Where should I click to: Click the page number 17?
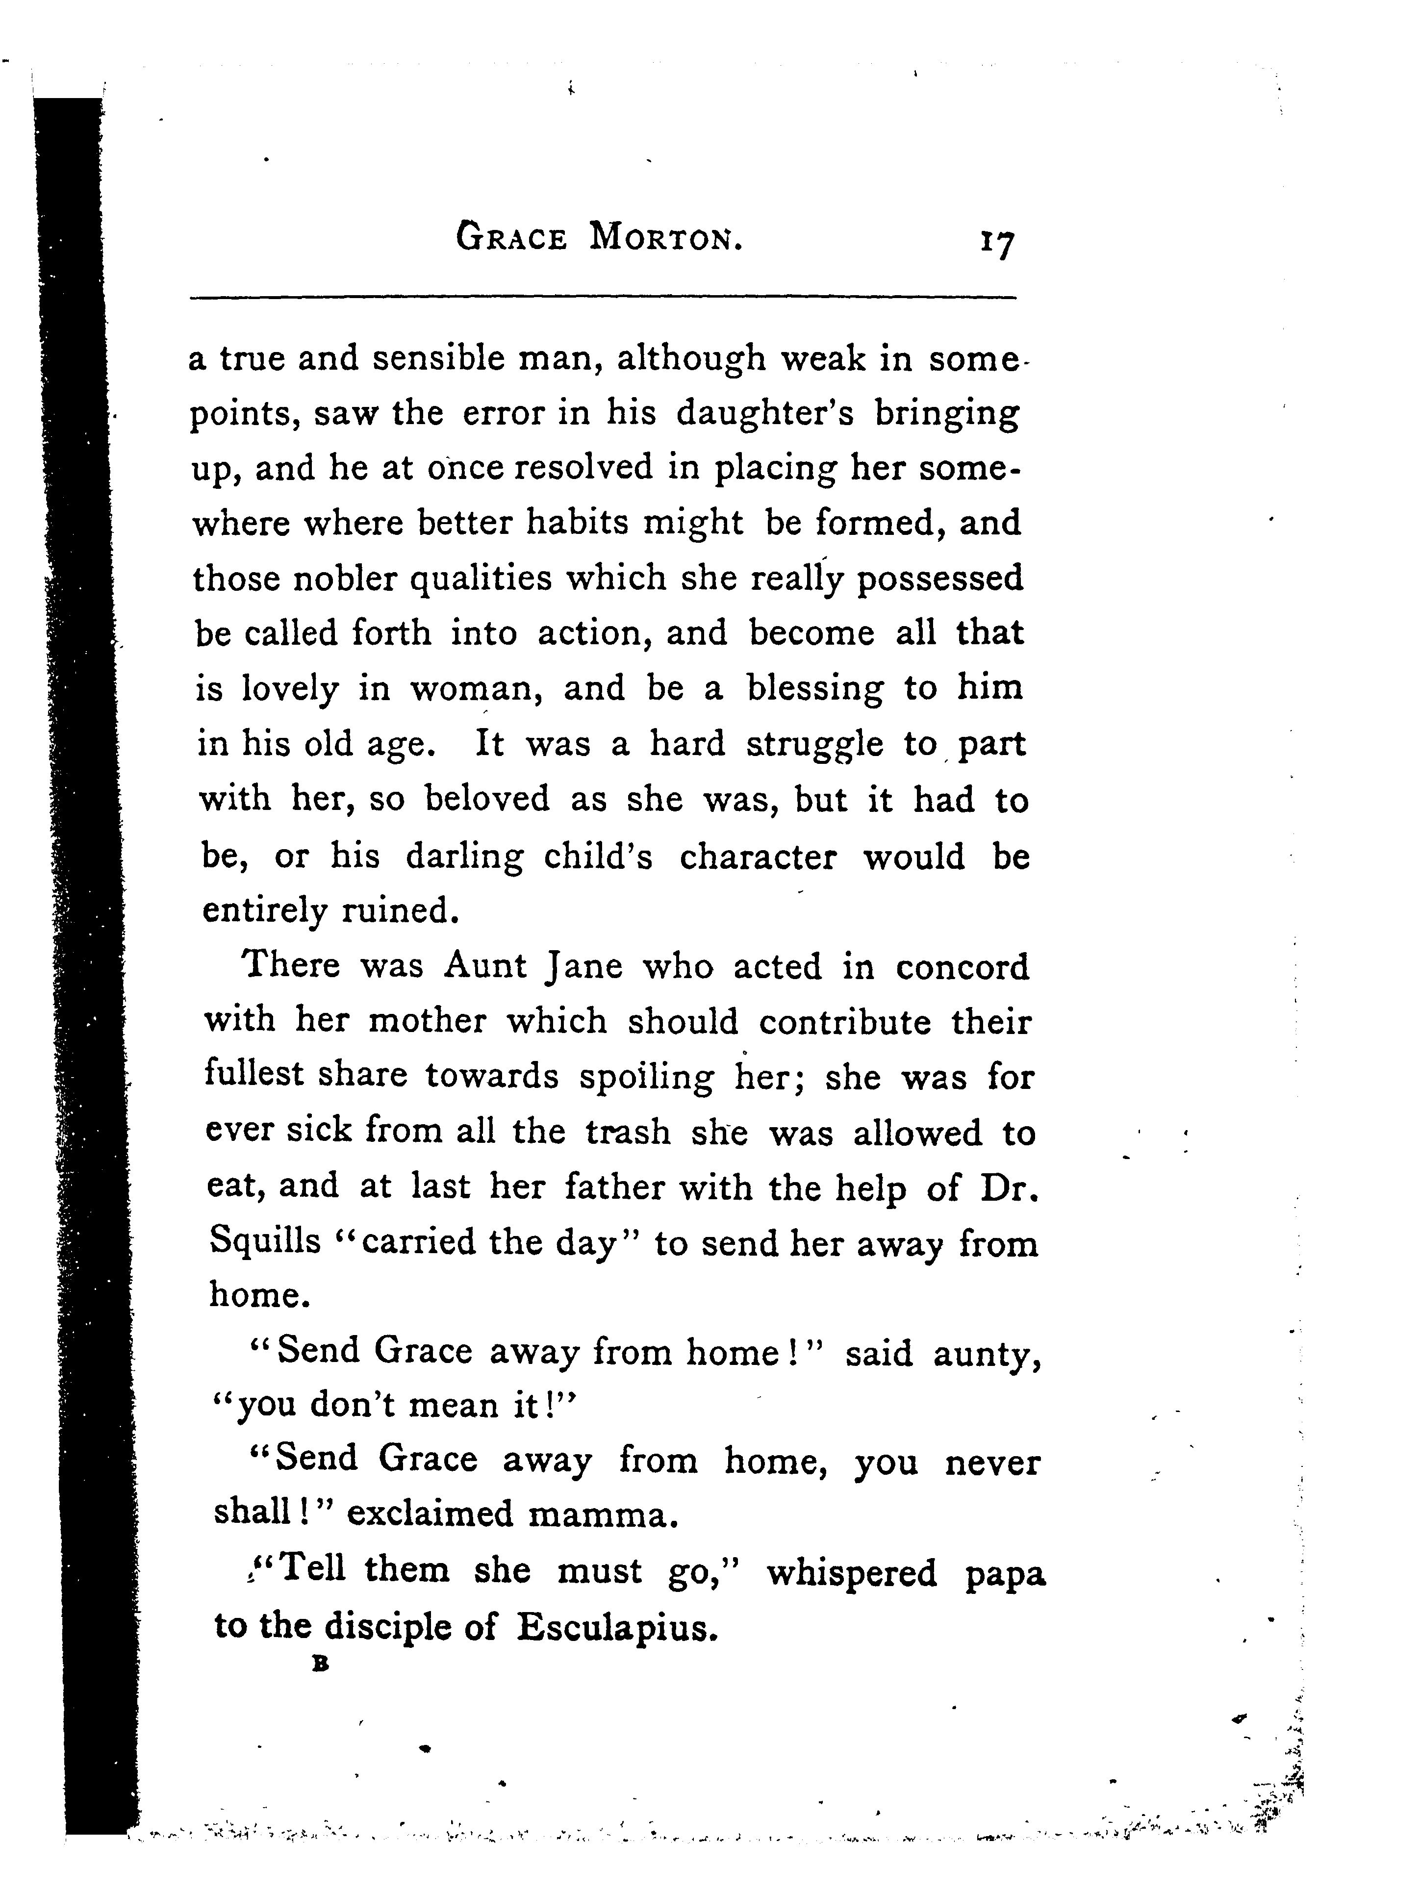996,243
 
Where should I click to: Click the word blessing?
814,688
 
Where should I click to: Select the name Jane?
583,966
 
